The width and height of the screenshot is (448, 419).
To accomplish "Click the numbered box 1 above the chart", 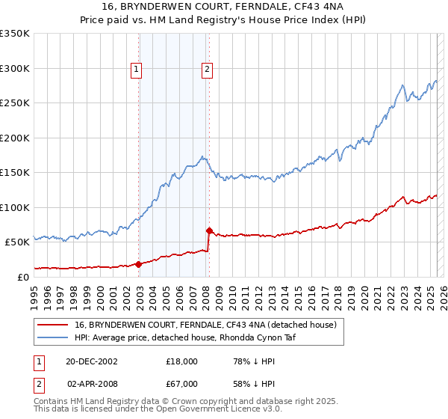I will (x=137, y=70).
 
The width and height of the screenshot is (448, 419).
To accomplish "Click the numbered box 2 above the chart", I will (x=207, y=70).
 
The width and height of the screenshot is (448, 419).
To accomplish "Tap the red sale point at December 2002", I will (x=139, y=263).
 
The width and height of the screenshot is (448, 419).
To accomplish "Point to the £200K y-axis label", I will (x=14, y=138).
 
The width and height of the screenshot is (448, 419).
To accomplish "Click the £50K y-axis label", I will (x=16, y=242).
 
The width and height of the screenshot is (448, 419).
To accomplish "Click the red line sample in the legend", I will (x=52, y=325).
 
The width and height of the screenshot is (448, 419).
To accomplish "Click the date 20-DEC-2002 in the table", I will (x=92, y=361).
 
